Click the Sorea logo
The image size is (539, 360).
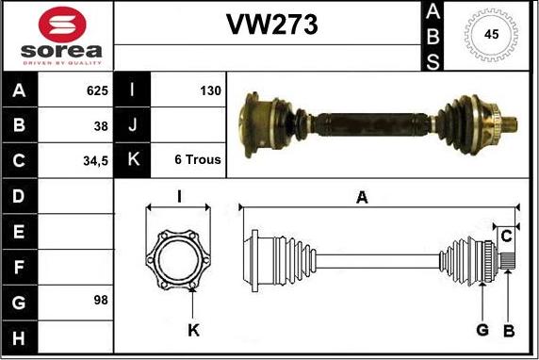[56, 36]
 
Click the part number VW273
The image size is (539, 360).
[271, 25]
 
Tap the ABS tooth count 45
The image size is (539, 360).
[490, 35]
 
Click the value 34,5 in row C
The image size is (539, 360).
[95, 160]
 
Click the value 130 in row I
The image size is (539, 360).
[210, 91]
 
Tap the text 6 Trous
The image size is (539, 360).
[198, 160]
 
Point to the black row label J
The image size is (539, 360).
[132, 125]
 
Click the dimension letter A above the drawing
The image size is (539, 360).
[362, 197]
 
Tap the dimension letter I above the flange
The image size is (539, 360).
[179, 197]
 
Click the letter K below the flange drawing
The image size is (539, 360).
[193, 330]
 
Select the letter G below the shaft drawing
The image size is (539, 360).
[482, 330]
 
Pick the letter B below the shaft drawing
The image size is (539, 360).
[509, 330]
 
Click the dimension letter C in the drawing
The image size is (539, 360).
[506, 235]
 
